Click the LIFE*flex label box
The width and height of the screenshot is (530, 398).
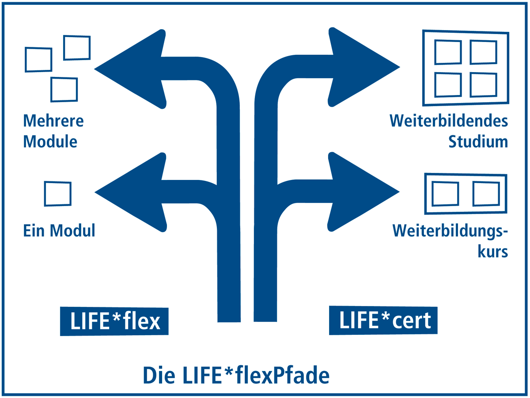[114, 321]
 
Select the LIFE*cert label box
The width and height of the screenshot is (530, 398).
[383, 320]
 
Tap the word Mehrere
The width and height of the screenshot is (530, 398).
[53, 121]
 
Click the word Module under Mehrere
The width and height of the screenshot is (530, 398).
[50, 142]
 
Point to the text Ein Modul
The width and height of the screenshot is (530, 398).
[59, 230]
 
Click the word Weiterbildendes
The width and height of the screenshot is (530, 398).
[448, 121]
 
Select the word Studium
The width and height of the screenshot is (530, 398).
[478, 142]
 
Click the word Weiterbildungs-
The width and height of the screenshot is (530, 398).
[450, 230]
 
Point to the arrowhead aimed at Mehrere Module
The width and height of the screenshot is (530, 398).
[132, 69]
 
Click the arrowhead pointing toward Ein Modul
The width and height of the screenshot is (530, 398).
[132, 192]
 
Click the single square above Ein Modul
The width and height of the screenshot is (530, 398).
[57, 194]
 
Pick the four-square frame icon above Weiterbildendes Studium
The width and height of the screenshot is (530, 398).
[466, 68]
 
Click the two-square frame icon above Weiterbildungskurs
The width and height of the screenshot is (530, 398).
[466, 193]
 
